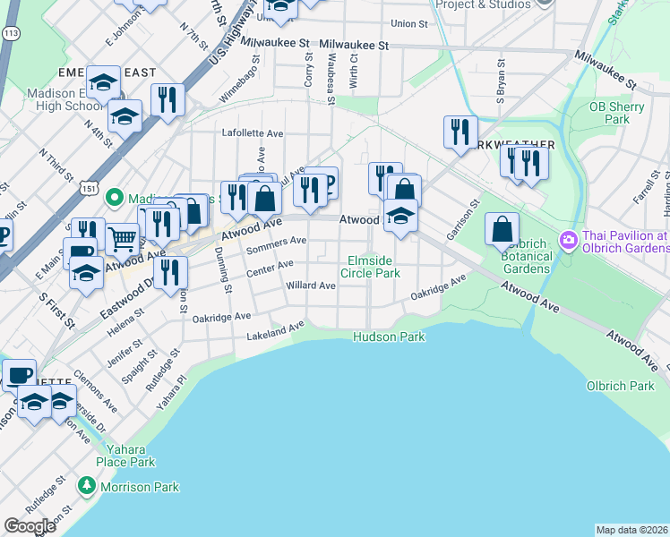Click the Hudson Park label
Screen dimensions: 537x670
388,337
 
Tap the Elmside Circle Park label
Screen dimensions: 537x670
374,267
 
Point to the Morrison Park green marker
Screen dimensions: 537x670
87,487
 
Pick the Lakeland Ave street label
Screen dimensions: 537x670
276,333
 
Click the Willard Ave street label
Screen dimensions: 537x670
310,286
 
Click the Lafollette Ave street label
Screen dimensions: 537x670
253,133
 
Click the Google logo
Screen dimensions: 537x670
30,527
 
